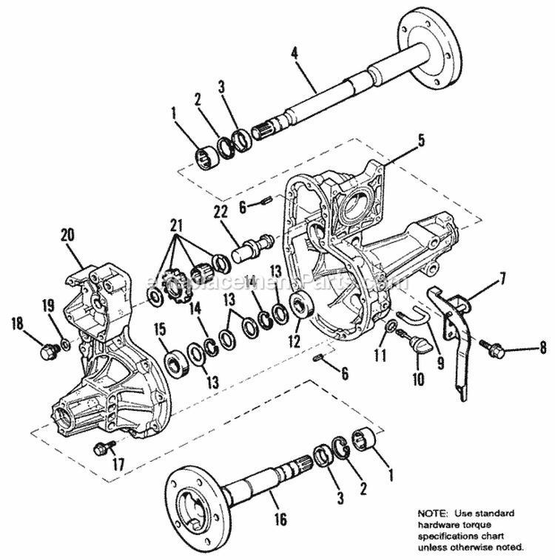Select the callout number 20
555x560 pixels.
(67, 236)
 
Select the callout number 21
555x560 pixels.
(175, 224)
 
